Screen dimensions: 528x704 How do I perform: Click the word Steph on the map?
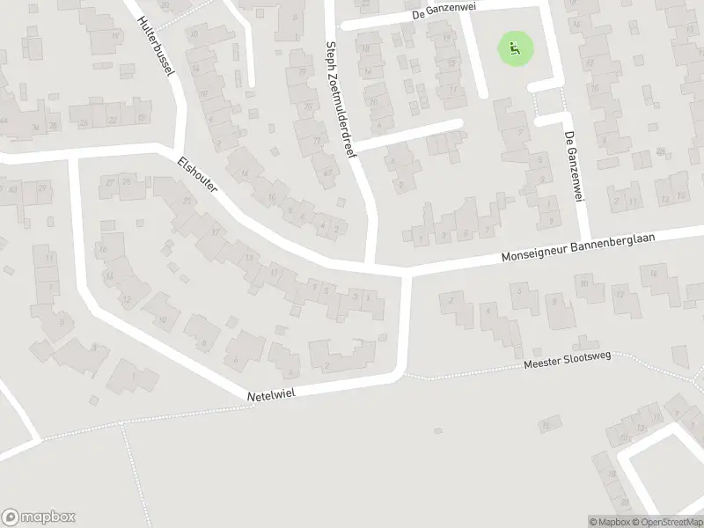click(x=332, y=57)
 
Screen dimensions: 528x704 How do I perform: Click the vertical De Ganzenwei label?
click(x=573, y=166)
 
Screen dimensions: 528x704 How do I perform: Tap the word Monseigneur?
click(x=535, y=255)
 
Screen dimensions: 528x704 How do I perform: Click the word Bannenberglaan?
click(x=626, y=244)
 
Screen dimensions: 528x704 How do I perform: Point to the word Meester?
click(x=543, y=363)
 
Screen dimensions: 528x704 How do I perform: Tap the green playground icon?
click(x=516, y=48)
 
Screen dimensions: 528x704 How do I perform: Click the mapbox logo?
click(x=39, y=517)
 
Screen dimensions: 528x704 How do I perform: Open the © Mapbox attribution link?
click(x=609, y=522)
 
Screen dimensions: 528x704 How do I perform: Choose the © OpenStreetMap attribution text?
click(x=667, y=522)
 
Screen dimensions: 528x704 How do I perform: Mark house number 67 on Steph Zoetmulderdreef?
click(x=327, y=172)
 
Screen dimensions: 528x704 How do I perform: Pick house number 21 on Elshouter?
click(x=187, y=201)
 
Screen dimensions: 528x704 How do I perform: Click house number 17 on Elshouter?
click(x=216, y=231)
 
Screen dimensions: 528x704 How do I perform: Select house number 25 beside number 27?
click(x=127, y=180)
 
